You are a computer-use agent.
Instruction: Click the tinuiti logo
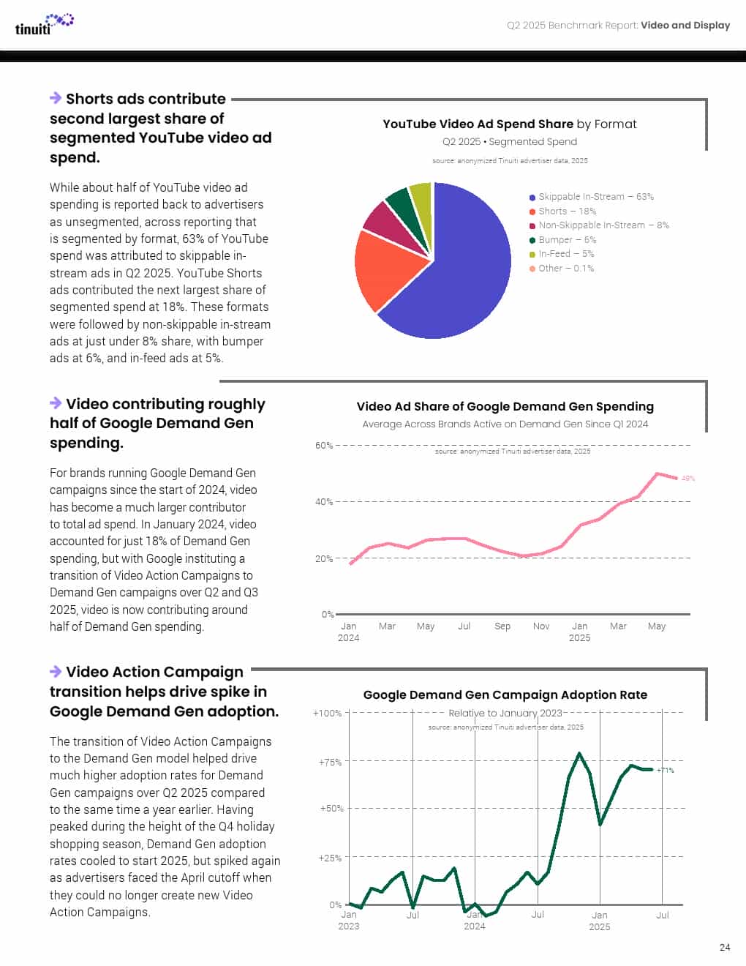pos(44,24)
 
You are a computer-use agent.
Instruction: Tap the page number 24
pos(724,947)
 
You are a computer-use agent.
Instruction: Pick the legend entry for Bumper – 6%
pos(562,240)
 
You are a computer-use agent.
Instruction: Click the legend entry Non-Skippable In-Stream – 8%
pos(599,225)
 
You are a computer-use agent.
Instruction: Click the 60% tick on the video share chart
pos(323,445)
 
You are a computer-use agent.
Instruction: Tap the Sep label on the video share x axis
pos(502,626)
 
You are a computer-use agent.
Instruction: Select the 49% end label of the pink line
pos(688,479)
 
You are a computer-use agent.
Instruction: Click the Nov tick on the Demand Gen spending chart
pos(541,626)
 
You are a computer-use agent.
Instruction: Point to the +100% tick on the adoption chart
pos(327,713)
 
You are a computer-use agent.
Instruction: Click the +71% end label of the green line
pos(666,770)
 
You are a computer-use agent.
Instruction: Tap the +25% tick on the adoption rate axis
pos(328,858)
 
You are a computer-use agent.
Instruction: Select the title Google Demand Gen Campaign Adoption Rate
pos(505,695)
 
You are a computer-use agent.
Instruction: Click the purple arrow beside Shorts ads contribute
pos(56,98)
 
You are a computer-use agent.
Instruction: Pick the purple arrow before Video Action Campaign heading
pos(56,671)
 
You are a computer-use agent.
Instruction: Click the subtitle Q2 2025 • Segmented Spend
pos(509,142)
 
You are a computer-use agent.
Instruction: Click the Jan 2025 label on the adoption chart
pos(599,921)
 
